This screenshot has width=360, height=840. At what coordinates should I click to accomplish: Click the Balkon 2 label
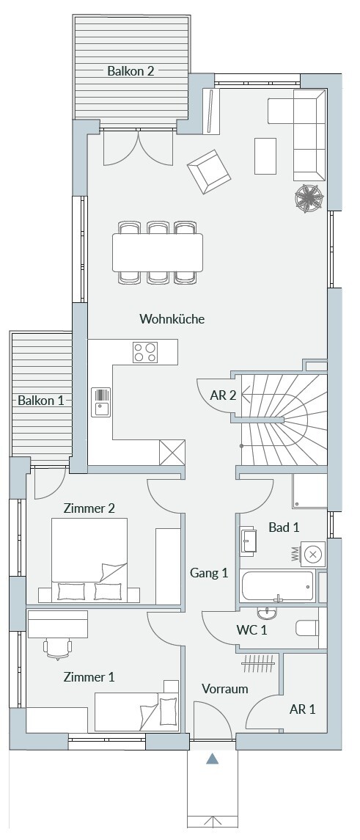[x=131, y=70]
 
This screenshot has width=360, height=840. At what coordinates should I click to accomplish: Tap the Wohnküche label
[x=172, y=319]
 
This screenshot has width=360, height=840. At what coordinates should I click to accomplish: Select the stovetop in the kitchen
[x=145, y=352]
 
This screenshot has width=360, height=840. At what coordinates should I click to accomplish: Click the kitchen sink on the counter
[x=100, y=402]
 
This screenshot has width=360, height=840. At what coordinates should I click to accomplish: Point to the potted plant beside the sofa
[x=309, y=197]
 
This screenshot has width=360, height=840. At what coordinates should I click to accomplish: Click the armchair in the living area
[x=209, y=171]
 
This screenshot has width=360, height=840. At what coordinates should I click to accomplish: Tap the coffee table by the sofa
[x=265, y=156]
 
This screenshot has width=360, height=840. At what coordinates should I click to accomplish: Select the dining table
[x=158, y=252]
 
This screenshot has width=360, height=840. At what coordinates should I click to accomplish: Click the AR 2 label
[x=223, y=396]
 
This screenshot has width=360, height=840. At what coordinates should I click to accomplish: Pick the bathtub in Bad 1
[x=277, y=587]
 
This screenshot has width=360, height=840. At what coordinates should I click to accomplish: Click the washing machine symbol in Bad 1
[x=313, y=555]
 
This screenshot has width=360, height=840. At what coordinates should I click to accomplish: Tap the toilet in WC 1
[x=307, y=628]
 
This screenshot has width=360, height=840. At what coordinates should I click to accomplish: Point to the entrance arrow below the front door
[x=213, y=759]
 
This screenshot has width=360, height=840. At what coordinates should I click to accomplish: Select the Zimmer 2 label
[x=89, y=508]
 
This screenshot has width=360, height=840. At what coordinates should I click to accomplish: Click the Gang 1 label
[x=209, y=573]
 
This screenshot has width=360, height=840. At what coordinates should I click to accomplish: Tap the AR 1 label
[x=303, y=709]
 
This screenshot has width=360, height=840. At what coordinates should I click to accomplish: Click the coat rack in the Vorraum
[x=260, y=664]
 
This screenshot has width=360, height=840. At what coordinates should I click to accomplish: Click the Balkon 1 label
[x=41, y=400]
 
